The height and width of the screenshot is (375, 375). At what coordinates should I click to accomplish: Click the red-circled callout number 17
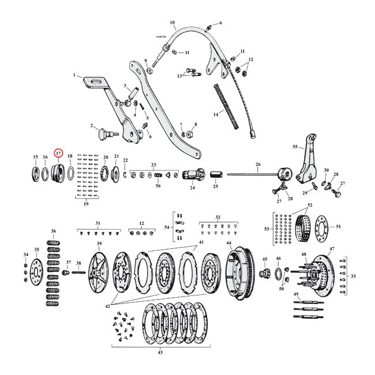[58, 153]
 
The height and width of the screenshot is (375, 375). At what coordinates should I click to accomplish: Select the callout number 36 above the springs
[53, 231]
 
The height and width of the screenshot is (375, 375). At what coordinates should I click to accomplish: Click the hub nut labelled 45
[265, 271]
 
